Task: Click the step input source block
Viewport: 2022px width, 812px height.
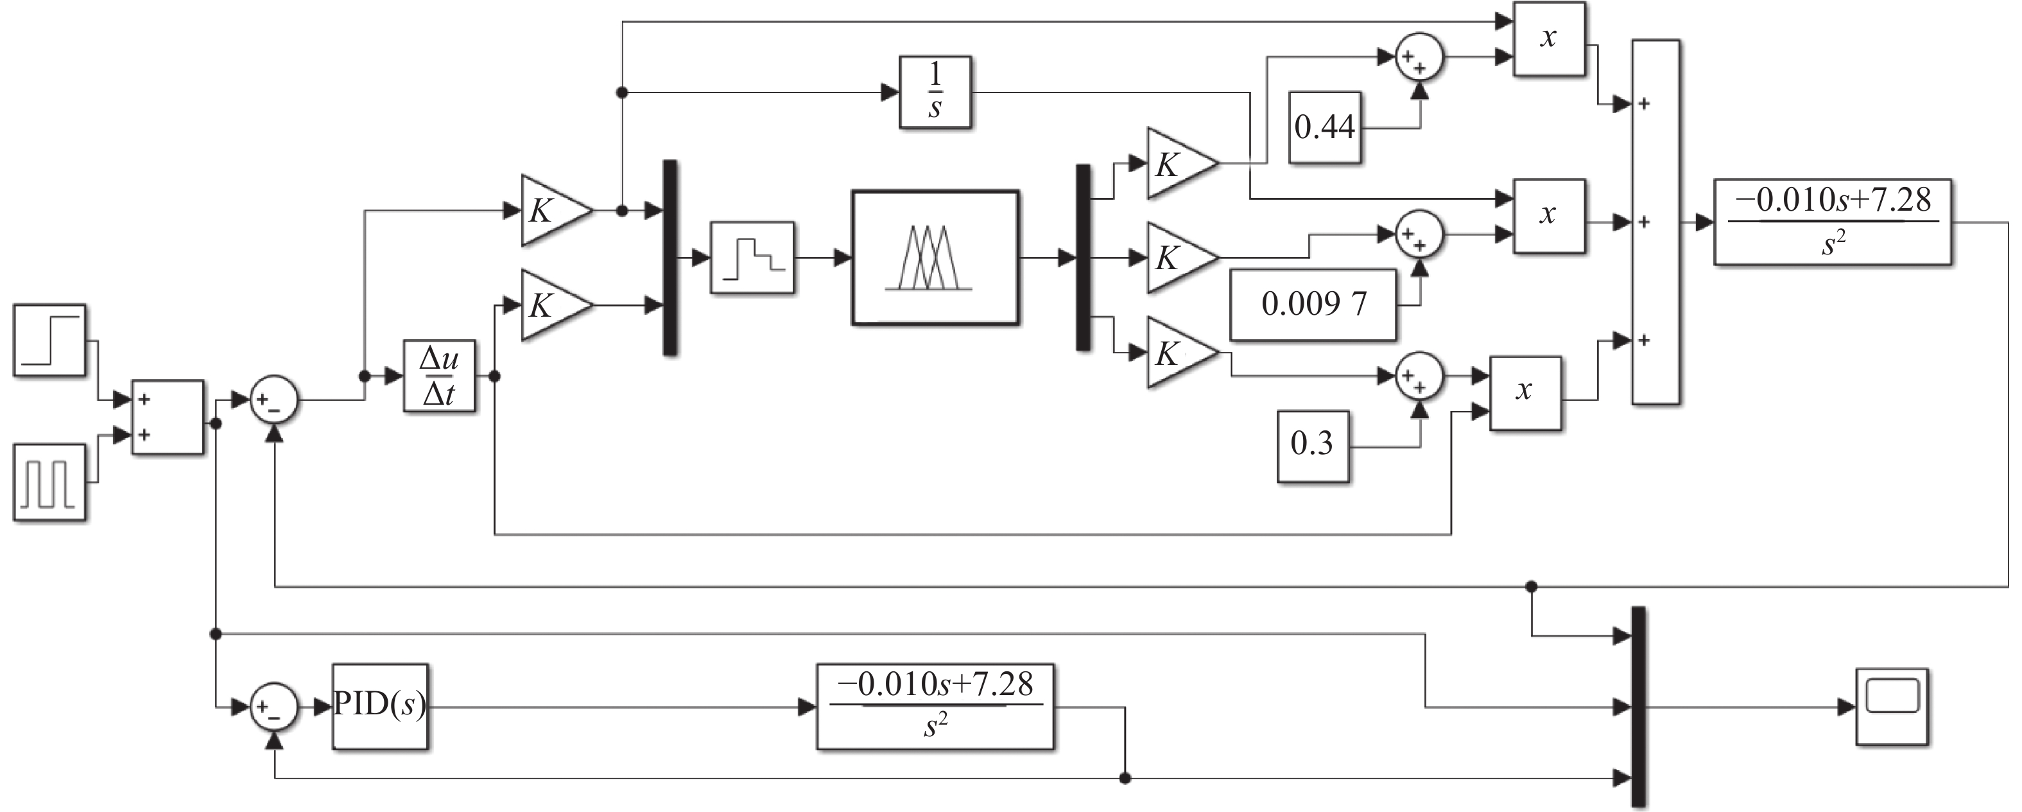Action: [49, 340]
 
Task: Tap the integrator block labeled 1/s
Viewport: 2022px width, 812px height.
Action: [935, 92]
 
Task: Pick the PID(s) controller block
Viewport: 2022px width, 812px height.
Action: [380, 707]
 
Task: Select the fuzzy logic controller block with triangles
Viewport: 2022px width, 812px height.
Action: [935, 258]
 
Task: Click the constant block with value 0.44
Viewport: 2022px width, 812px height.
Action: [1324, 127]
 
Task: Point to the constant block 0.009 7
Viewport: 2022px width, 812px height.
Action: [1313, 304]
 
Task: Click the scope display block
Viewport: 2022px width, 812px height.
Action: [1892, 707]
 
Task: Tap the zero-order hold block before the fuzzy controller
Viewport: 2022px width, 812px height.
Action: [752, 258]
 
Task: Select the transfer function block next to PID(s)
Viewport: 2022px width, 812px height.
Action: [935, 707]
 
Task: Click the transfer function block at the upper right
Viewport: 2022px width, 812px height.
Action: [1832, 222]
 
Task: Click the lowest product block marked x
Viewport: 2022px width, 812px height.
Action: [1525, 393]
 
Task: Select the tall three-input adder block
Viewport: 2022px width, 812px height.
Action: [1655, 222]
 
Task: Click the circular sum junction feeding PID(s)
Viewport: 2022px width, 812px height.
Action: [274, 707]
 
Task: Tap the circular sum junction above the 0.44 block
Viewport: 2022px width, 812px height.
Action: [1419, 57]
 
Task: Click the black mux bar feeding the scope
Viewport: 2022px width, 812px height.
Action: [1637, 707]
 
